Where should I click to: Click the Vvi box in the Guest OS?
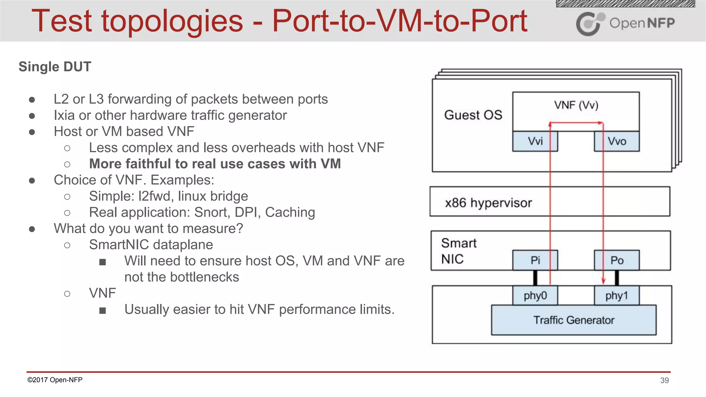535,141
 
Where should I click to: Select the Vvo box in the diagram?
617,141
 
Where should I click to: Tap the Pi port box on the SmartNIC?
535,260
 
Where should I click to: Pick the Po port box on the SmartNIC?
617,260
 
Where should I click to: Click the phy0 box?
535,296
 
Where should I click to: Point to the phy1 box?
617,296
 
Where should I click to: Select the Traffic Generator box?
574,320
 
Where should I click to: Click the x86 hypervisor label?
488,203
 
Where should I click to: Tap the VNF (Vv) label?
576,105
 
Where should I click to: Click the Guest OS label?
473,115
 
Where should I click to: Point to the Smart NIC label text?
458,251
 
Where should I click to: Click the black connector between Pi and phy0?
535,278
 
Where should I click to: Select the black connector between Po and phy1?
617,278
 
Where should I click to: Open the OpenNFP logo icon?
590,24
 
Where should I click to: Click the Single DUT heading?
55,67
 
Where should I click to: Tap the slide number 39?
664,380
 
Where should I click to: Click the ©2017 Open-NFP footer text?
55,380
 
